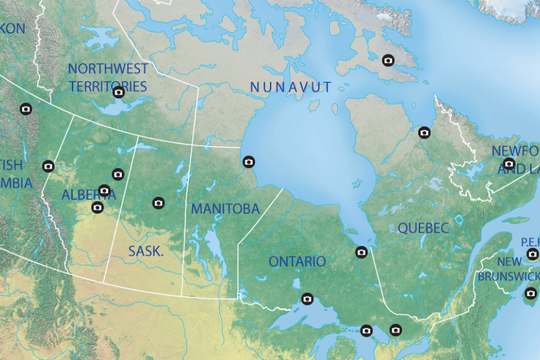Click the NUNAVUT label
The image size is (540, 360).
click(290, 87)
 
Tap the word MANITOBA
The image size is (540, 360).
click(225, 209)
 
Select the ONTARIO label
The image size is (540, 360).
click(297, 262)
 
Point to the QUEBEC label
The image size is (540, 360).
click(423, 228)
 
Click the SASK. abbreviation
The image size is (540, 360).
click(146, 251)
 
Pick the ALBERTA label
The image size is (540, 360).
click(80, 195)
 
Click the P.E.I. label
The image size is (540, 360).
click(530, 241)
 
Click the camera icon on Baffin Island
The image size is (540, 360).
click(388, 60)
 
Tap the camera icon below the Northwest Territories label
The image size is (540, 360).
click(119, 92)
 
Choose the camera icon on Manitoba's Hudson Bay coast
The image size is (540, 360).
click(248, 161)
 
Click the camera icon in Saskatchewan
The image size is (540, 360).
click(158, 203)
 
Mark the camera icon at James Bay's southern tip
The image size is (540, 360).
click(361, 252)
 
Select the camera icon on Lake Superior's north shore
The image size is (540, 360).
click(307, 299)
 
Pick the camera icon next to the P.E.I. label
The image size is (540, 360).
click(532, 254)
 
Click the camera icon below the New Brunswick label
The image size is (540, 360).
click(530, 293)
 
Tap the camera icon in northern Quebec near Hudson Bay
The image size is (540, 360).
click(424, 133)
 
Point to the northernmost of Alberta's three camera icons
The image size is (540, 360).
click(118, 174)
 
